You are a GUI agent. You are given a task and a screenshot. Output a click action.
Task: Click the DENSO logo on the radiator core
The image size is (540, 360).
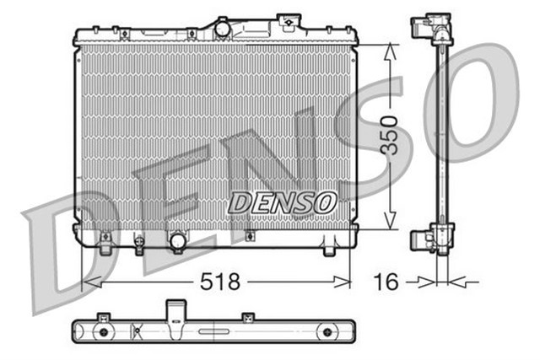(x=283, y=202)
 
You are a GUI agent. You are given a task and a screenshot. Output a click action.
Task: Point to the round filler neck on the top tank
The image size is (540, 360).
(x=223, y=29)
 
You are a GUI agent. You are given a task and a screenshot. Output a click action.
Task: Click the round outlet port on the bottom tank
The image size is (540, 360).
(x=178, y=242)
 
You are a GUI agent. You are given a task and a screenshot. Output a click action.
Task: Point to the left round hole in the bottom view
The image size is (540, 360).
(x=104, y=333)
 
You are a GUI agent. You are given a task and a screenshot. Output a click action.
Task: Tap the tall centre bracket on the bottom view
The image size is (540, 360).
(x=175, y=309)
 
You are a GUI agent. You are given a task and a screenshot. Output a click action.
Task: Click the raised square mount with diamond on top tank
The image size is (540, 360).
(x=289, y=20)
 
